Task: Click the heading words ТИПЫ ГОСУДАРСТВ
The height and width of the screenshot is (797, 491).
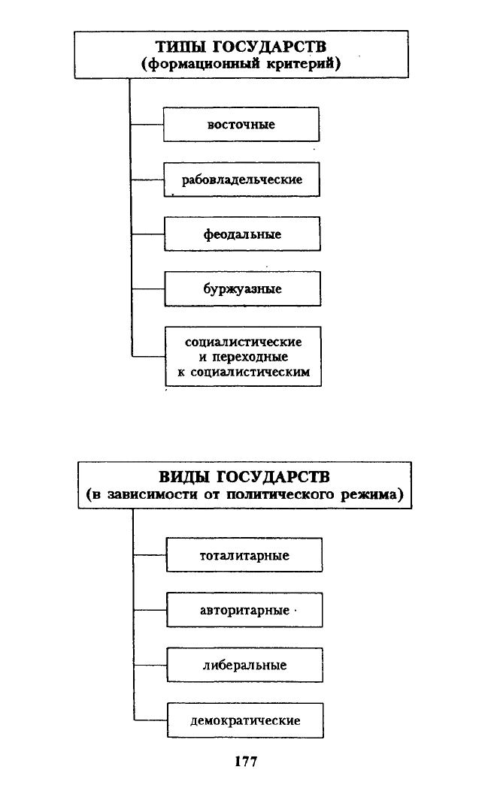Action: click(241, 47)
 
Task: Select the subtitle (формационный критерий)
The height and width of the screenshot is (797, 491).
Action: click(241, 64)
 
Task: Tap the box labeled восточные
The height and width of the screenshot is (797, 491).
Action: click(241, 124)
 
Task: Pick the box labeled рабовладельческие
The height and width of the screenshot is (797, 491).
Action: click(241, 180)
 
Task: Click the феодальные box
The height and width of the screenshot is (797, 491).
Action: click(242, 234)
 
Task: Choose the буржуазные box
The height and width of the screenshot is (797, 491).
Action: click(243, 288)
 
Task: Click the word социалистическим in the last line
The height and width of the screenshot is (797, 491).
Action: click(250, 372)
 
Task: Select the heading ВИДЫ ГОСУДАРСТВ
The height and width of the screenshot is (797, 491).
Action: click(244, 477)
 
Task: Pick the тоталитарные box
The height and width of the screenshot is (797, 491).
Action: click(244, 555)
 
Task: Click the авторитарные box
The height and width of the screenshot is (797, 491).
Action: click(244, 610)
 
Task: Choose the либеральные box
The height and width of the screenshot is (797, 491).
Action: click(244, 665)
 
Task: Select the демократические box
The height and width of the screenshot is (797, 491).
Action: click(245, 720)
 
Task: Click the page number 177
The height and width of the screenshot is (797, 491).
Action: click(246, 761)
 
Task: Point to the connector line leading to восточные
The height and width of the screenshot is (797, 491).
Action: click(147, 124)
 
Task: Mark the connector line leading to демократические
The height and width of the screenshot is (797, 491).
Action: click(150, 720)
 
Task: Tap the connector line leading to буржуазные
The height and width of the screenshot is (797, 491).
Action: click(148, 288)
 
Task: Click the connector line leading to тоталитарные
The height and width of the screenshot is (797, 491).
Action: click(150, 555)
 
